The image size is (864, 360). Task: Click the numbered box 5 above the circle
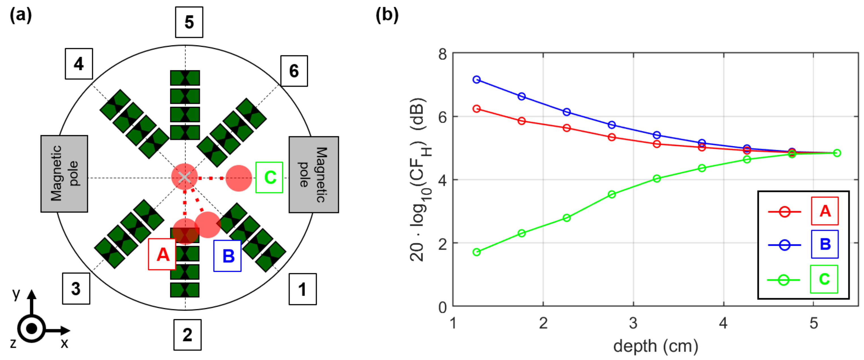[x=189, y=22]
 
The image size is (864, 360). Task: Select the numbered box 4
[x=79, y=64]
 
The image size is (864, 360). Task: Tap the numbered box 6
[x=294, y=71]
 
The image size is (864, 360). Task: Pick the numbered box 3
[x=76, y=289]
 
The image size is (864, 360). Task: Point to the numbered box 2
[x=187, y=334]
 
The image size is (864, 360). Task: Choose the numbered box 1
[x=302, y=289]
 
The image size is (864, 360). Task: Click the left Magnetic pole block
[x=64, y=173]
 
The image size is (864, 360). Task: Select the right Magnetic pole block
[x=314, y=174]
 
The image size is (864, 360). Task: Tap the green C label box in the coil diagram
[x=269, y=177]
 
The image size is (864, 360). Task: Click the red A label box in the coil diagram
[x=162, y=254]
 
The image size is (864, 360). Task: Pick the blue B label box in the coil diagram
[x=227, y=256]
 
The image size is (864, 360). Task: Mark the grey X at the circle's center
[x=184, y=177]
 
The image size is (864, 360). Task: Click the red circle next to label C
[x=239, y=178]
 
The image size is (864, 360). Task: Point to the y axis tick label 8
[x=442, y=54]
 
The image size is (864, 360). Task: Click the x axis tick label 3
[x=633, y=323]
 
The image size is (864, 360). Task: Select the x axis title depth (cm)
[x=656, y=346]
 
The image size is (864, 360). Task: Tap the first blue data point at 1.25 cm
[x=476, y=80]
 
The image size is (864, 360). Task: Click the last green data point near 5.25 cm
[x=837, y=153]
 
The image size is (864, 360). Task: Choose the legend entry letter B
[x=824, y=244]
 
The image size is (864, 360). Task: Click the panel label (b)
[x=387, y=15]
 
